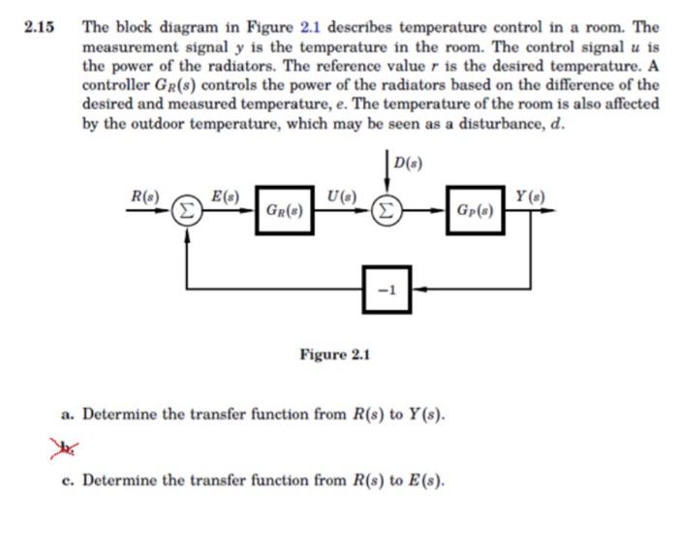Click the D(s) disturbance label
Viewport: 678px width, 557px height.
coord(408,160)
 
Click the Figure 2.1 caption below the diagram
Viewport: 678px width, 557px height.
coord(335,355)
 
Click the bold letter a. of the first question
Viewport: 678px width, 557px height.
coord(67,415)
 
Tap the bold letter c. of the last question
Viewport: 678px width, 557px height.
coord(67,480)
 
